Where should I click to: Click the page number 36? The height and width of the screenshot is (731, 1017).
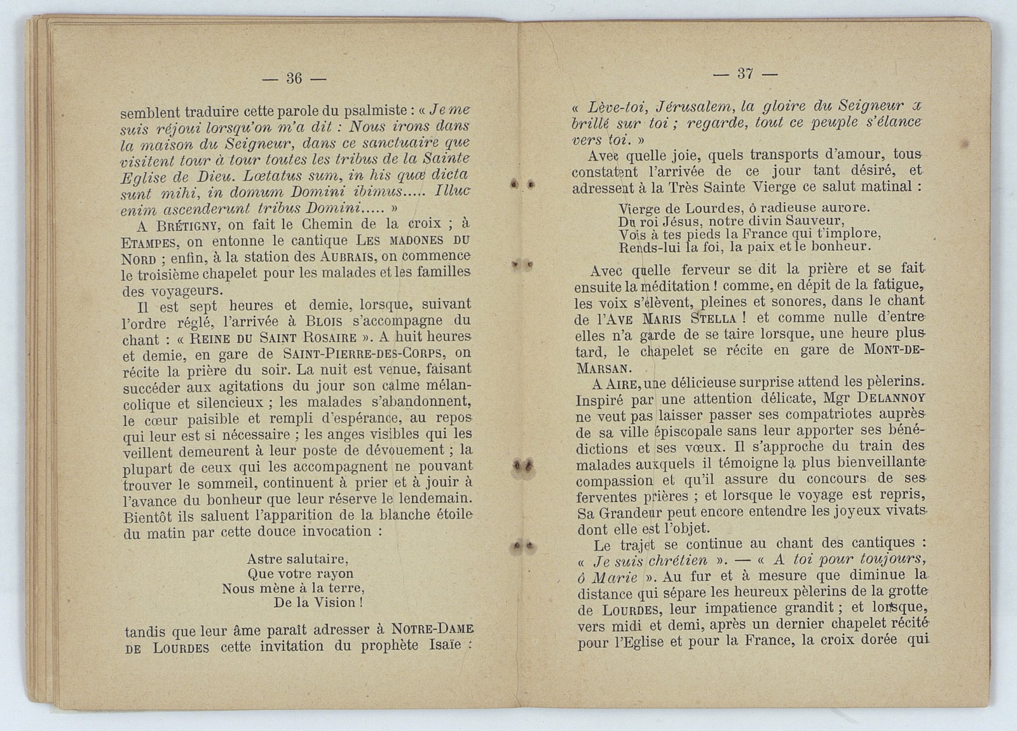(294, 78)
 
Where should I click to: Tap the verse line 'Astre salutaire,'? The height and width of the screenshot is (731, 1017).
(297, 559)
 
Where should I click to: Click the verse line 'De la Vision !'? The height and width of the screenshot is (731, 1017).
(318, 603)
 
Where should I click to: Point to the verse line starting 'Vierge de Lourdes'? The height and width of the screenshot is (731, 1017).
(744, 208)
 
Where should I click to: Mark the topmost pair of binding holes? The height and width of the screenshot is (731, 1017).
(522, 184)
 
